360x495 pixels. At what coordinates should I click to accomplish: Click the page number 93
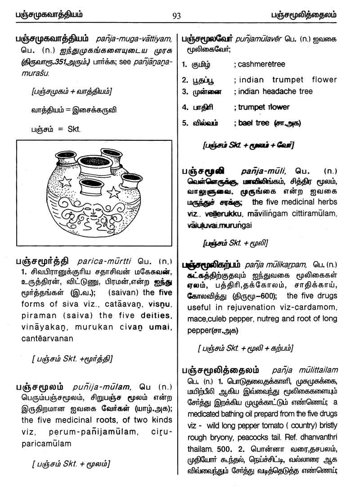(176, 16)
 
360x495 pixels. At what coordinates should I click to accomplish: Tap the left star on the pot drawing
(66, 182)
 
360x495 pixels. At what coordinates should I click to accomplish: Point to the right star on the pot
(114, 193)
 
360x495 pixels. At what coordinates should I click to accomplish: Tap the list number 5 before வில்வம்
(184, 123)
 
